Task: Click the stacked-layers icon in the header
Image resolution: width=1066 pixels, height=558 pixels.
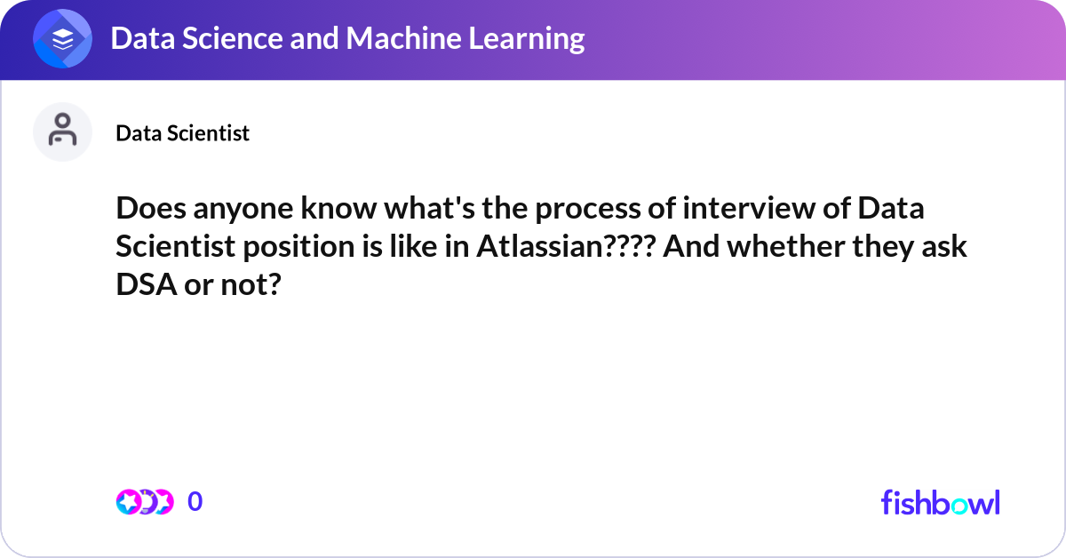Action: pyautogui.click(x=62, y=38)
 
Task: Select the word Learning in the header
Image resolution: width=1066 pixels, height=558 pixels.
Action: pyautogui.click(x=526, y=39)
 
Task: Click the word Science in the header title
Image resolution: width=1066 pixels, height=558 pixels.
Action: pyautogui.click(x=233, y=38)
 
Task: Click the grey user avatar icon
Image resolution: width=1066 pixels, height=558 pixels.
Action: pyautogui.click(x=62, y=132)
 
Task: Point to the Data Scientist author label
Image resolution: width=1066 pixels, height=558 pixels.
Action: pyautogui.click(x=183, y=133)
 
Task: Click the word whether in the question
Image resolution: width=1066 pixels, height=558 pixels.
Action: pyautogui.click(x=785, y=246)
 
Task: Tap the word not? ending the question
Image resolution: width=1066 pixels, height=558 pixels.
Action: pyautogui.click(x=251, y=285)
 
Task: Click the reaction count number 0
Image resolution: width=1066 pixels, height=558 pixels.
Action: pyautogui.click(x=195, y=502)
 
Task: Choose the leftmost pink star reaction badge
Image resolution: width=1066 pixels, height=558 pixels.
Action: pyautogui.click(x=129, y=502)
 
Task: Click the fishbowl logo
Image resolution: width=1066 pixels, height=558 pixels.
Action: pyautogui.click(x=941, y=502)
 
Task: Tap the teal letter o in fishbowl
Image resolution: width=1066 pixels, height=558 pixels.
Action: pyautogui.click(x=959, y=506)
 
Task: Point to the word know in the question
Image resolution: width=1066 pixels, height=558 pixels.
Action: pyautogui.click(x=338, y=209)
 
